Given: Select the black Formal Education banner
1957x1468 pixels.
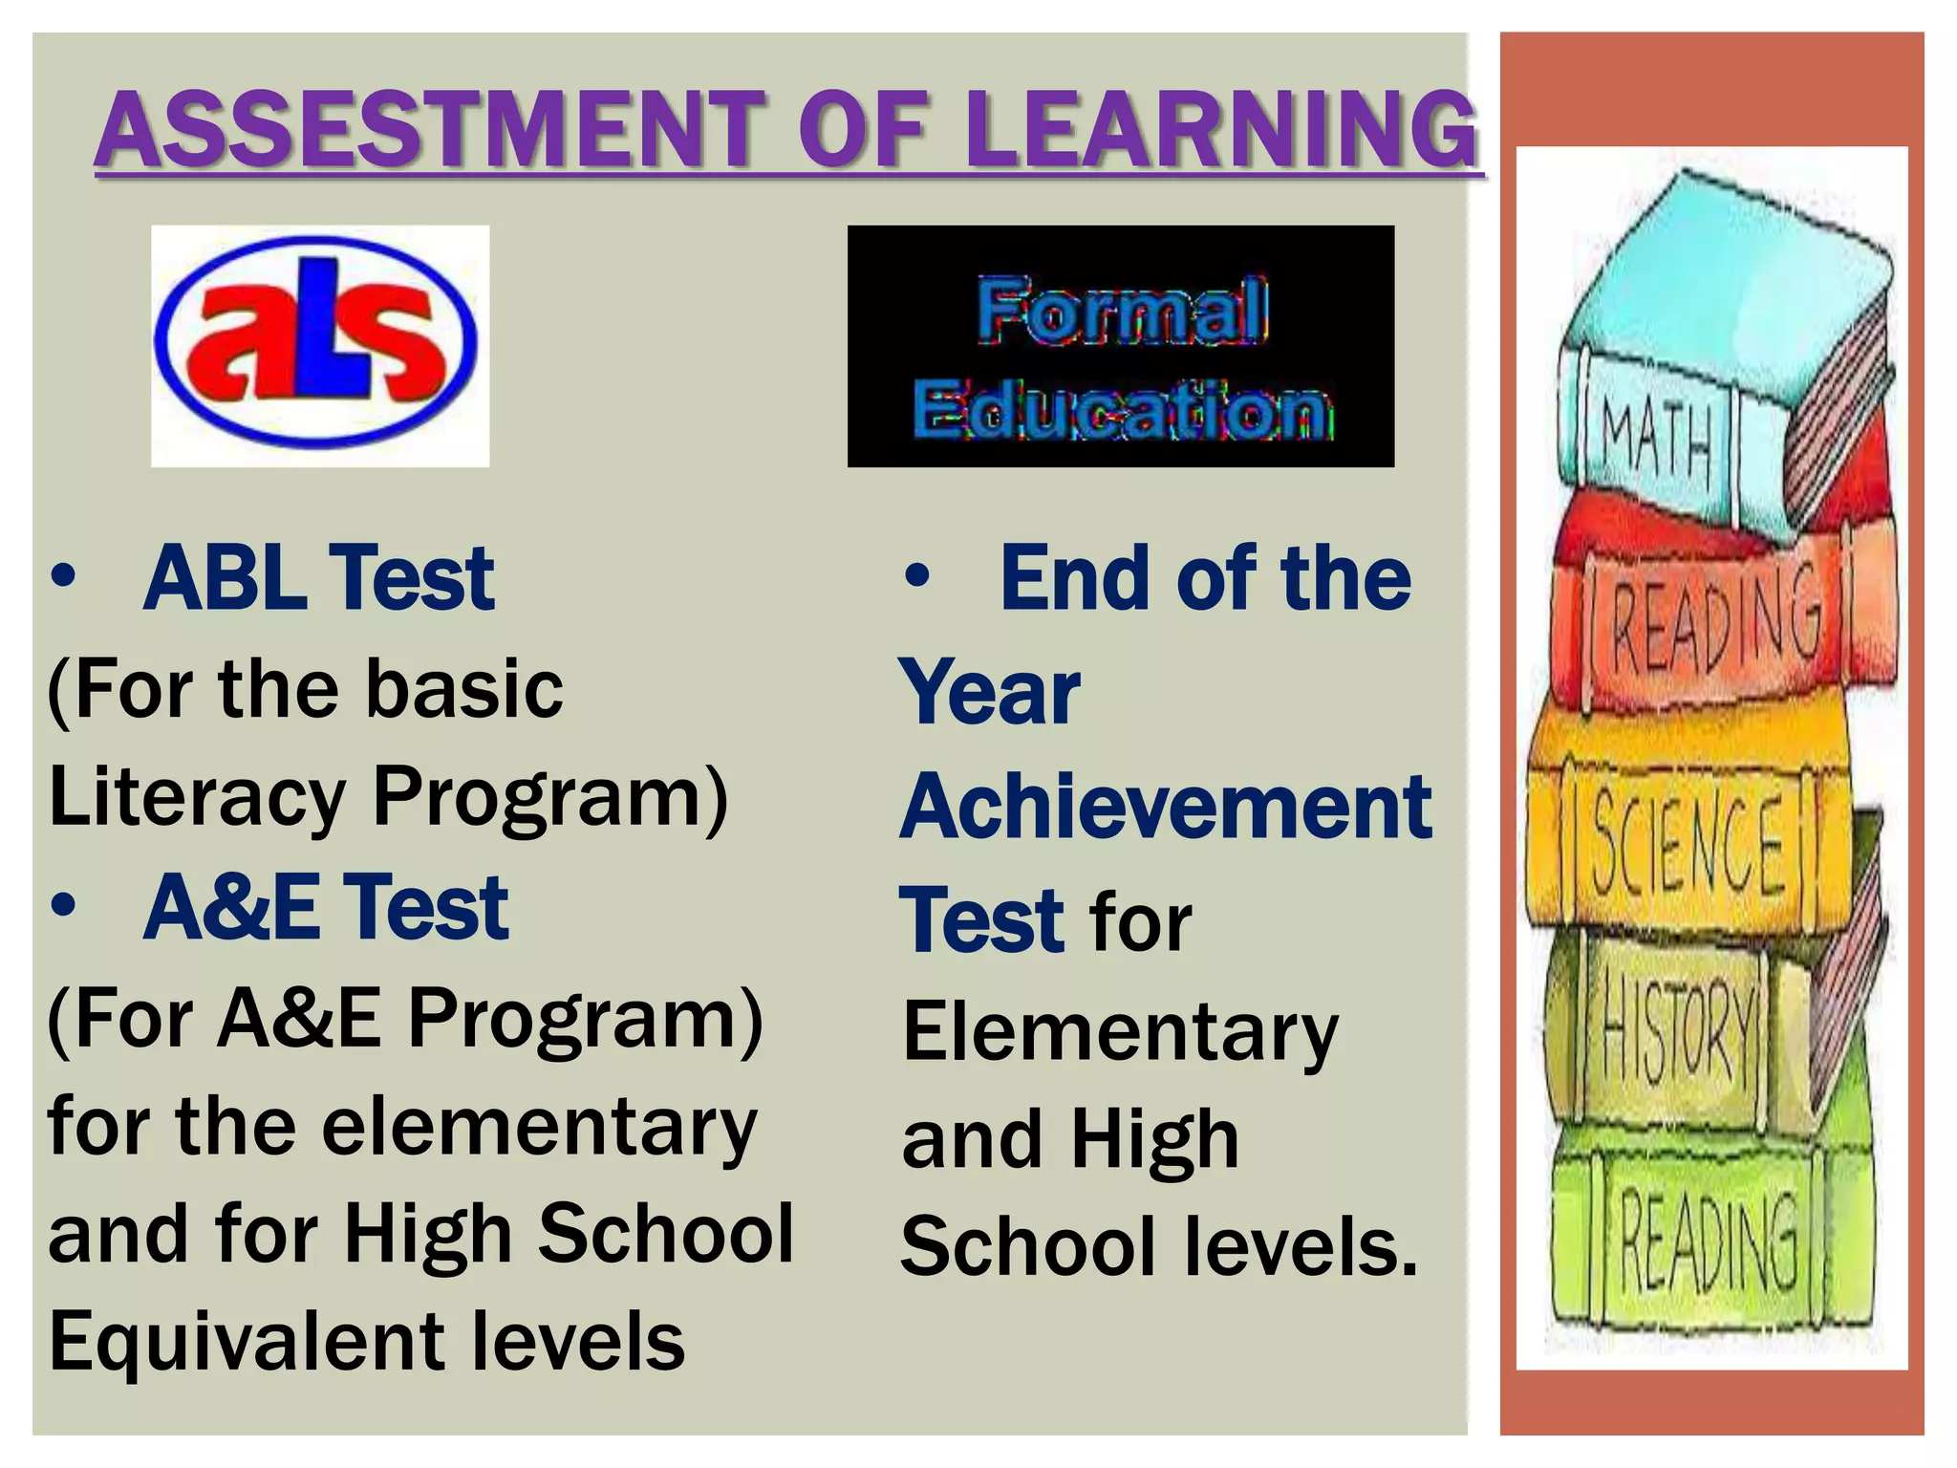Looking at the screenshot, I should click(x=1120, y=346).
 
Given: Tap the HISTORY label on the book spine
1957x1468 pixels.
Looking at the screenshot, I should click(x=1677, y=1033).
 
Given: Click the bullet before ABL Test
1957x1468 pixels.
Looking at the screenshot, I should click(x=63, y=576).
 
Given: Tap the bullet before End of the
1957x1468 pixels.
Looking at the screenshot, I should click(x=917, y=576).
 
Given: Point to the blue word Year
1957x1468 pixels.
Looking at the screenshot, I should click(x=990, y=693).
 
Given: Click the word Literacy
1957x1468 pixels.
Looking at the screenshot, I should click(x=197, y=798).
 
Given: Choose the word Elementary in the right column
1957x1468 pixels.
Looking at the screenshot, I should click(x=1120, y=1034).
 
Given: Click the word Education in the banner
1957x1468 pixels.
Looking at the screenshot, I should click(x=1122, y=409).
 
